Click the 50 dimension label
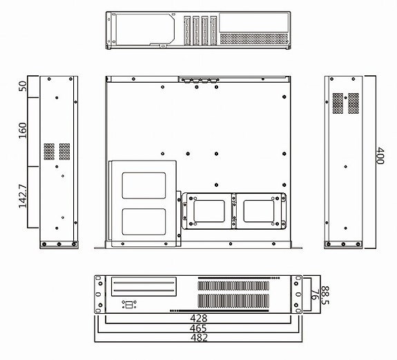[x=23, y=86]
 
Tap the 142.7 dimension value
[x=23, y=196]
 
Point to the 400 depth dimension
[x=380, y=158]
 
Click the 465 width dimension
[x=198, y=329]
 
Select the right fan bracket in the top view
[x=260, y=210]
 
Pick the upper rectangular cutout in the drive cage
[x=144, y=186]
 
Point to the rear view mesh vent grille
[x=253, y=39]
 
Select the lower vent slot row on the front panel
[x=233, y=301]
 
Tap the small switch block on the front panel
[x=128, y=304]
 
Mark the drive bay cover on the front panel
[x=143, y=286]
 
